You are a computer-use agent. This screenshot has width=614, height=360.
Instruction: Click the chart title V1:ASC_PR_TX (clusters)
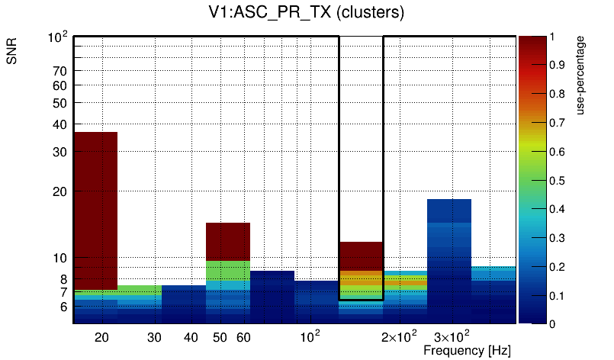(x=306, y=13)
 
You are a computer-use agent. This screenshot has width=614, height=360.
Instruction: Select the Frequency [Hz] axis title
(x=467, y=350)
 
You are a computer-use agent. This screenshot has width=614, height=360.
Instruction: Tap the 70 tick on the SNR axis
(x=60, y=72)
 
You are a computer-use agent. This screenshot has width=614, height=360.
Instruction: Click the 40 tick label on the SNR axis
(x=60, y=125)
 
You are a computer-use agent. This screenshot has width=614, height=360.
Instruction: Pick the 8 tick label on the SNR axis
(x=63, y=279)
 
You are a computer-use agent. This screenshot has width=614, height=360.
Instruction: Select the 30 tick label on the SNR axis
(x=60, y=153)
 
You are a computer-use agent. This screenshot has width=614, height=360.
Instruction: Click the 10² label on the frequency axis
(x=310, y=336)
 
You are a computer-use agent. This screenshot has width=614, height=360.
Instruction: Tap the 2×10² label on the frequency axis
(x=399, y=336)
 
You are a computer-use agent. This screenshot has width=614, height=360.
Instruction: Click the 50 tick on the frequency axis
(x=220, y=336)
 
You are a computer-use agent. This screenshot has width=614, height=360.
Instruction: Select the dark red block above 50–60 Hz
(x=228, y=241)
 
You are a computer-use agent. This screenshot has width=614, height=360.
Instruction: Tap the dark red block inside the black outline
(x=361, y=255)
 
